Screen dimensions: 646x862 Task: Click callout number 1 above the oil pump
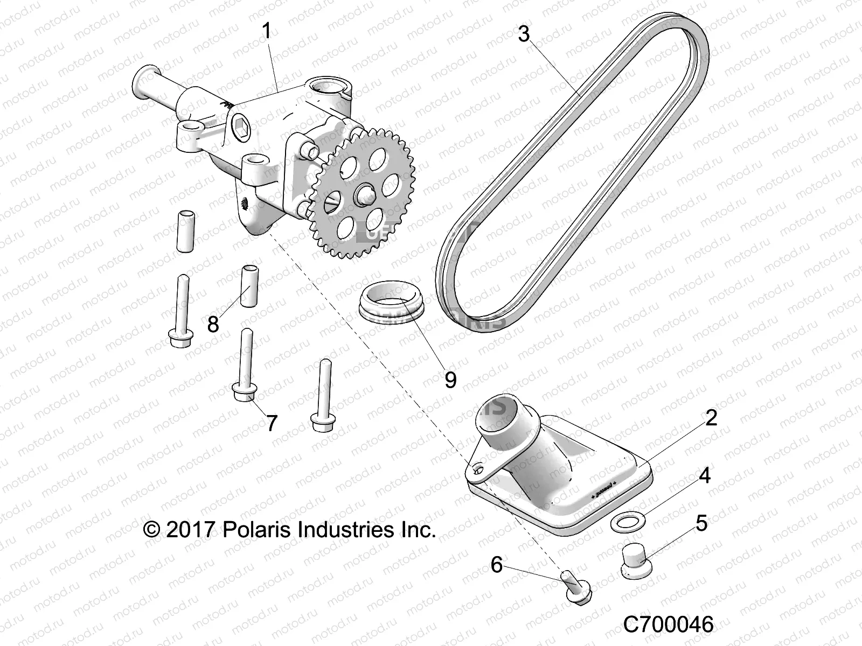click(266, 31)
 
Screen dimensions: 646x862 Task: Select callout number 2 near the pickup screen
click(711, 418)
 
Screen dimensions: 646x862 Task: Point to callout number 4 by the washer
click(705, 475)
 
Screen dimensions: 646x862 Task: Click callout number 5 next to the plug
click(701, 523)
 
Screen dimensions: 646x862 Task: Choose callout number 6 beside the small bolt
click(496, 565)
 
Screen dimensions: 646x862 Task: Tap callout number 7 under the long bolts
click(272, 423)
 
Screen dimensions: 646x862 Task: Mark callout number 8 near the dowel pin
click(213, 325)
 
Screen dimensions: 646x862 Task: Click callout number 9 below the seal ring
click(450, 380)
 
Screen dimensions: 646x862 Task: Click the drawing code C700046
click(668, 625)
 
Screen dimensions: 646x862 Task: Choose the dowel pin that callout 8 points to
click(249, 285)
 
